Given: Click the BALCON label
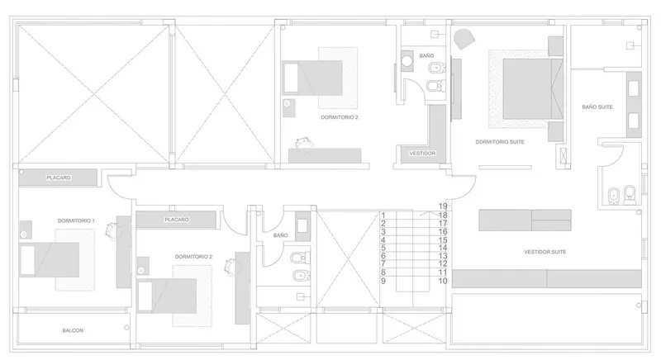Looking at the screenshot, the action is pos(73,330).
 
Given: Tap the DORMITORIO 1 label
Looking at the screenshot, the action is pos(76,220).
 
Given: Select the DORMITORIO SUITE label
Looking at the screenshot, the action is pos(500,142).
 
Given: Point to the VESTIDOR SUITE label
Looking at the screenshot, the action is pos(544,252).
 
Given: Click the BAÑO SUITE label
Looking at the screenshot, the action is pos(597,107).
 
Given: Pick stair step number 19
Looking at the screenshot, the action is pos(443,206).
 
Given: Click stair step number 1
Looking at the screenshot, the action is pos(383,216).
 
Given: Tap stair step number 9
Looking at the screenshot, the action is pos(383,281).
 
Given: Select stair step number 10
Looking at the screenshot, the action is pos(443,281).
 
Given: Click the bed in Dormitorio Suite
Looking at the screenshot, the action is pos(533,89).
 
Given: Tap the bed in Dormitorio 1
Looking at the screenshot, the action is pos(50,259).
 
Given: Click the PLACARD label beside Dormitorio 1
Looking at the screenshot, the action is pos(59,178).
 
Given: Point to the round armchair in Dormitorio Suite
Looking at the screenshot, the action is pos(464,39).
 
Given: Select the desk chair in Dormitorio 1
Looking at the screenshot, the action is pos(112,230).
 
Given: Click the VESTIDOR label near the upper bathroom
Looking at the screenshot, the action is pos(422,154).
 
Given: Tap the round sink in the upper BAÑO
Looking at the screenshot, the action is pos(407,60).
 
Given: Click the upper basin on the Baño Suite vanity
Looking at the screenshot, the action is pos(634,88).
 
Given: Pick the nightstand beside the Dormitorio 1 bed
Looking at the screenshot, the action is pos(26,230).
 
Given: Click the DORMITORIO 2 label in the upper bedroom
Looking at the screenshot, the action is pos(340,117).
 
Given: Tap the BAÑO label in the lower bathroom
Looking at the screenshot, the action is pos(280,235).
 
